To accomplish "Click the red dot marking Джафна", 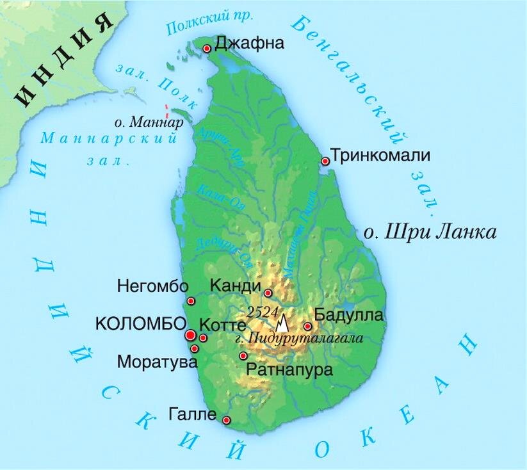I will click(x=207, y=49).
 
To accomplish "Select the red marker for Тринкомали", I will click(x=325, y=161).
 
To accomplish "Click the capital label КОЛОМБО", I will click(x=140, y=324).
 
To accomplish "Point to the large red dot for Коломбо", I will click(x=190, y=335).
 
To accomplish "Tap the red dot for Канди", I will click(x=268, y=293).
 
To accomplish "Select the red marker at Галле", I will click(x=227, y=420).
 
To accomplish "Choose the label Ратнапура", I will click(x=280, y=370).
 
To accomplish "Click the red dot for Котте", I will click(x=203, y=337).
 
